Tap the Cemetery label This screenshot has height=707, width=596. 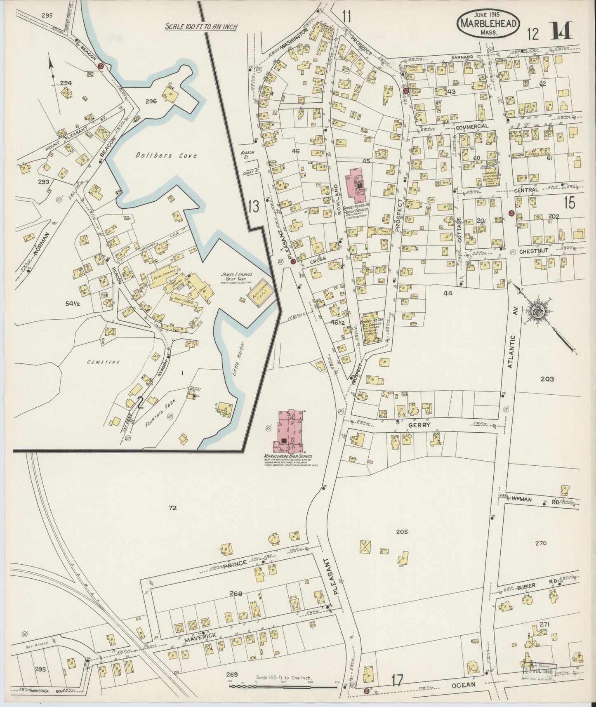(103, 362)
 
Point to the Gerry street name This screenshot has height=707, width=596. (420, 425)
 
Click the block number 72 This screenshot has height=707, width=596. (172, 508)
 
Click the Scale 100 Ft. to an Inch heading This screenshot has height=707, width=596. (201, 26)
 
